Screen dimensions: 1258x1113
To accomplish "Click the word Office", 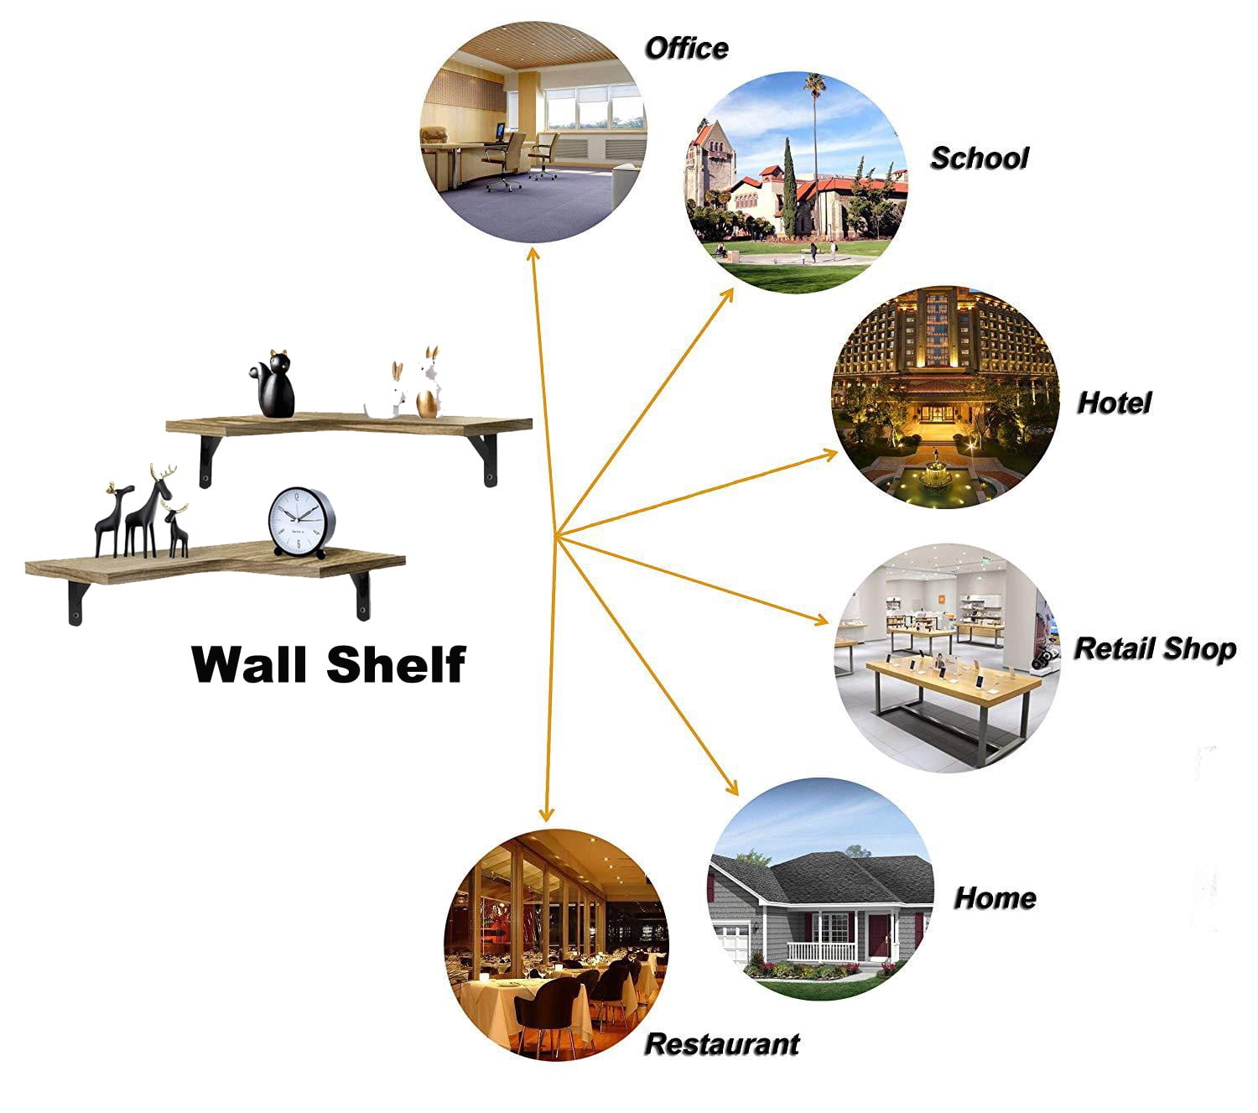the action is point(686,49).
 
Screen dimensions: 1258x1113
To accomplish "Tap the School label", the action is point(980,158).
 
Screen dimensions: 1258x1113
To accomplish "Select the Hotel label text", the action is point(1114,403).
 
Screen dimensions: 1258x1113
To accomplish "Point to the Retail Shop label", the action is point(1156,649).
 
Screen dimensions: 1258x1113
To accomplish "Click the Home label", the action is point(995,898).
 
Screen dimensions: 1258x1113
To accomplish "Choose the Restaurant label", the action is point(722,1044).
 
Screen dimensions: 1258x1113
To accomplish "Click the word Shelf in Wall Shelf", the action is point(396,664).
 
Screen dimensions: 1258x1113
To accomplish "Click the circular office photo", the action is point(533,132).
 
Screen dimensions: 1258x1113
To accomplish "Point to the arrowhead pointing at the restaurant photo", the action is point(546,814).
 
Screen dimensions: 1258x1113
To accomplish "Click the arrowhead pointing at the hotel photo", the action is point(829,455).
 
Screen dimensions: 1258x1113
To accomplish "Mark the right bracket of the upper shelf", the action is point(486,460).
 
